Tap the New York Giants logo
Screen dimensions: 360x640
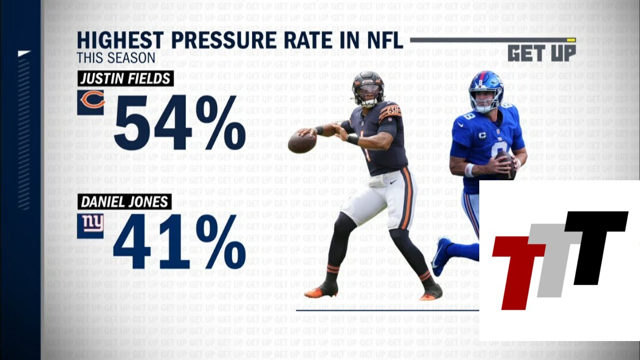coord(91,224)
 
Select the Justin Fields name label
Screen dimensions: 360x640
coord(125,78)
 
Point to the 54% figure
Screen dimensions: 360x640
coord(180,123)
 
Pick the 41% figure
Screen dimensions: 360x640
coord(179,242)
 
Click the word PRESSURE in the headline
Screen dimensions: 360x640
coord(223,41)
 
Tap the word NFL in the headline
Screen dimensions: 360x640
coord(381,41)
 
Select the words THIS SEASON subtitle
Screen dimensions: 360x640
coord(116,58)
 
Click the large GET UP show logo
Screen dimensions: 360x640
coord(541,53)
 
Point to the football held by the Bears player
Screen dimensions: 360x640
coord(301,142)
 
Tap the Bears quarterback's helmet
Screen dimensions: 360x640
coord(368,88)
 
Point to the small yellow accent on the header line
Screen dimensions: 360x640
coord(571,40)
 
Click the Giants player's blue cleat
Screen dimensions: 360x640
coord(441,256)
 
